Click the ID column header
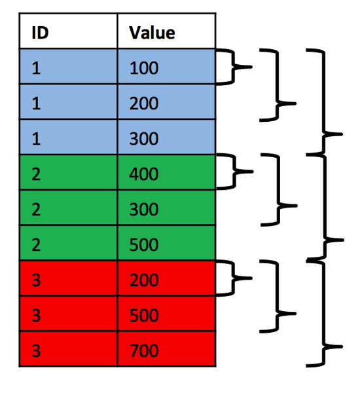(x=68, y=32)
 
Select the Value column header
(x=166, y=32)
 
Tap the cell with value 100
(x=166, y=67)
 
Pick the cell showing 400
(x=166, y=174)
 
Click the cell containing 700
(x=166, y=350)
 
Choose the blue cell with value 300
(x=166, y=138)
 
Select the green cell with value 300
(x=166, y=209)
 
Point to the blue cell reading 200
(x=166, y=103)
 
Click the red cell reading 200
(x=166, y=280)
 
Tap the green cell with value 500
(x=166, y=244)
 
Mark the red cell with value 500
(x=166, y=315)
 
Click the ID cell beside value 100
(x=68, y=67)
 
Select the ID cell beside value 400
(x=68, y=174)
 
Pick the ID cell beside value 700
(x=68, y=350)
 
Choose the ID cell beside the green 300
(x=68, y=209)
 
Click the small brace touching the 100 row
(x=233, y=67)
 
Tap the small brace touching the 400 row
(x=233, y=173)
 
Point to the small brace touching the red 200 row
(x=233, y=278)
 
